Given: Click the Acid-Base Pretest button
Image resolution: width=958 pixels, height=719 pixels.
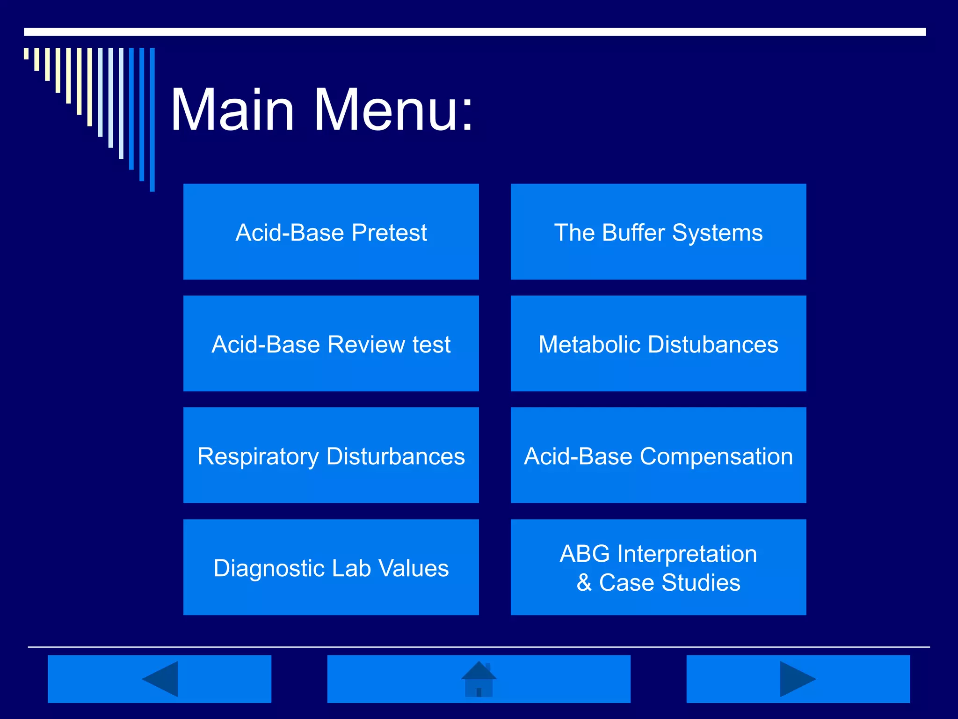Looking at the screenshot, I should tap(331, 232).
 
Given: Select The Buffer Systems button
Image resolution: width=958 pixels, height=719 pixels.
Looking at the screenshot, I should tap(658, 232).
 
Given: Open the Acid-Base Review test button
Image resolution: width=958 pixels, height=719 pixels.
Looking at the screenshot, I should tap(331, 344).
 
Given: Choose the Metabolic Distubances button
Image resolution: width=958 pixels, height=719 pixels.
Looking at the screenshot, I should tap(658, 344).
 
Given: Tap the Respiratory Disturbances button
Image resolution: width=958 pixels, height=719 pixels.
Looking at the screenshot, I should tap(331, 455).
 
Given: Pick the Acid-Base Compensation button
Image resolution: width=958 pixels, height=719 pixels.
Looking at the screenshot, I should tap(658, 455).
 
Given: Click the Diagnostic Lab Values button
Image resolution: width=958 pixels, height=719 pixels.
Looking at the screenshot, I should tap(331, 567).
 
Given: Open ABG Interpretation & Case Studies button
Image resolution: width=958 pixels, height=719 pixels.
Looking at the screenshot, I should tap(658, 567).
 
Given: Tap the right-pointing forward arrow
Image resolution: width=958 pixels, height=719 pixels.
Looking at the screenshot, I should tap(797, 679).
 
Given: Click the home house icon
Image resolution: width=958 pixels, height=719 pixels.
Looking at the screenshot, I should tap(479, 680).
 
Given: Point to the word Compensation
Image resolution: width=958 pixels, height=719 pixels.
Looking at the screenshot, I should tap(716, 456).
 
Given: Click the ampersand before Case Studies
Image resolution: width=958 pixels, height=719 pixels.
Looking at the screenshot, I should tap(584, 583).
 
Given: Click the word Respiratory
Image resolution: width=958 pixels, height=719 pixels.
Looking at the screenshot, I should tap(258, 456).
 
